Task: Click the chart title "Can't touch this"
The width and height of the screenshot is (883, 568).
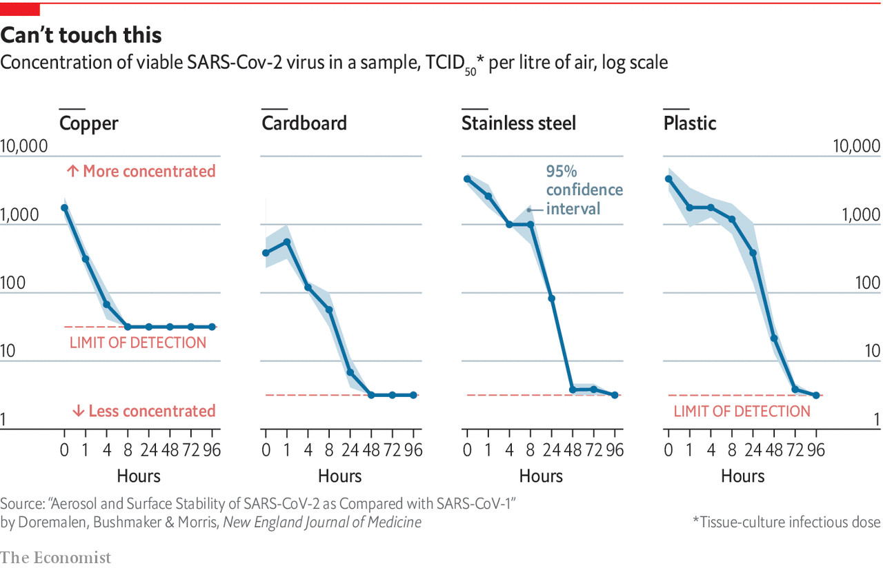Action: (x=81, y=34)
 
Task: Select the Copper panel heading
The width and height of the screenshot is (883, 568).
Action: (x=88, y=123)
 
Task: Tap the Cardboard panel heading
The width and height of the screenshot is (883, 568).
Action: (x=304, y=123)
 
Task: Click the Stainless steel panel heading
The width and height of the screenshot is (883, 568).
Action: (x=519, y=123)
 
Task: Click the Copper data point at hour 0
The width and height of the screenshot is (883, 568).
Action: (x=65, y=207)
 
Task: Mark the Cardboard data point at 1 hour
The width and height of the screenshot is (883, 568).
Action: (x=287, y=242)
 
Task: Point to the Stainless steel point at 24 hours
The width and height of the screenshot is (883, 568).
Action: (x=552, y=298)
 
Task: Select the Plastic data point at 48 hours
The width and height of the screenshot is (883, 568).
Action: (x=774, y=338)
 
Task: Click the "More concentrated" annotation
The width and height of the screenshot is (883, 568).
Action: (x=141, y=171)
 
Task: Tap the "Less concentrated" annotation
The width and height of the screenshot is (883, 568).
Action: (x=143, y=411)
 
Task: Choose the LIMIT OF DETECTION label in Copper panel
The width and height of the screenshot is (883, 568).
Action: (x=138, y=343)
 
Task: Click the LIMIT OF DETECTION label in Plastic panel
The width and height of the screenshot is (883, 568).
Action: (x=742, y=412)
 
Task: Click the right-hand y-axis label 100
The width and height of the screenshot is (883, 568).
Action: (x=867, y=283)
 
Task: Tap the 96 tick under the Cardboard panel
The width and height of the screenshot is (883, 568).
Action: (x=413, y=452)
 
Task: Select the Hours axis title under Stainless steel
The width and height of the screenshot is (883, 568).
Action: (x=541, y=476)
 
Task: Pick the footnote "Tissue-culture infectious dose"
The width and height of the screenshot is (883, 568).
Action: (x=786, y=523)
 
